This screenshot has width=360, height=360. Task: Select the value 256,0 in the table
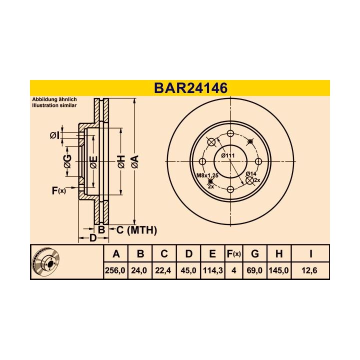pos(116,270)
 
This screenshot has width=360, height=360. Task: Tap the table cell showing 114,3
pos(212,270)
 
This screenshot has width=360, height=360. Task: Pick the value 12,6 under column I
pos(310,270)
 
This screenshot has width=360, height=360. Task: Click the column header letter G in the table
pos(255,254)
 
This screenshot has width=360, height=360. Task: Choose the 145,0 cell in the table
pos(278,270)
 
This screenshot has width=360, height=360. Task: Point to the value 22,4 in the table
pos(163,270)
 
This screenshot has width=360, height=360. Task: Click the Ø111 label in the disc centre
pos(229,155)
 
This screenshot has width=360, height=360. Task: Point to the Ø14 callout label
pos(251,173)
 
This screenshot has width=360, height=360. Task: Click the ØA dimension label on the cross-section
pos(134,161)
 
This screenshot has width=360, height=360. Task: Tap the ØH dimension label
pos(120,161)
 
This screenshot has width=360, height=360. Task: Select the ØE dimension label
pos(93,161)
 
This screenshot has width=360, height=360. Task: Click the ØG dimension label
pos(67,161)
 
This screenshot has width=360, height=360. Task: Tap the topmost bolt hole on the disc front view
pos(230,133)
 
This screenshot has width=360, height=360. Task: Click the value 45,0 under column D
pos(188,270)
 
